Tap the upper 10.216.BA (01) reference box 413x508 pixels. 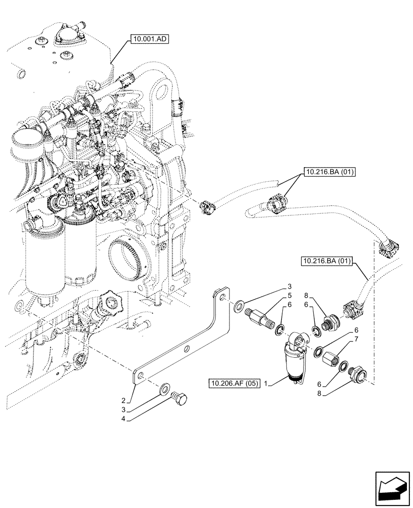(x=330, y=172)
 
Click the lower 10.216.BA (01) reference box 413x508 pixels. (x=327, y=262)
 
